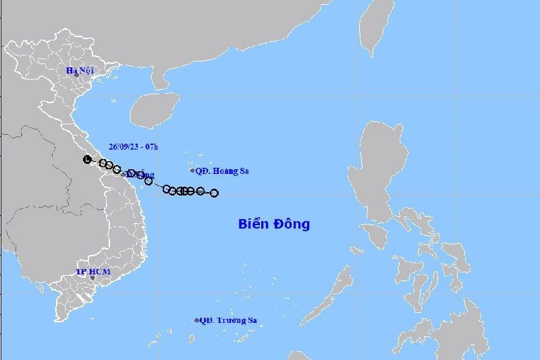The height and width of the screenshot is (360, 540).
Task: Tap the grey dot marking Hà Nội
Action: (x=77, y=75)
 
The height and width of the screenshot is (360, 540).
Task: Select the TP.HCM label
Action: (x=92, y=272)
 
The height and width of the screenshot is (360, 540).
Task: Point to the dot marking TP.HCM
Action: (x=93, y=278)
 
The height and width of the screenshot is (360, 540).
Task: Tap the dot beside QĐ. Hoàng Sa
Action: (x=192, y=171)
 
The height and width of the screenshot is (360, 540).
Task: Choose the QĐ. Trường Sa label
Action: (x=228, y=321)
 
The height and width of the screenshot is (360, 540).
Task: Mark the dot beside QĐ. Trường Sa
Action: (x=196, y=321)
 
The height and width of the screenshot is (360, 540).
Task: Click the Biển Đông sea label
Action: (x=274, y=224)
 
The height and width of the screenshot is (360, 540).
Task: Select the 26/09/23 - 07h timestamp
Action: (x=133, y=145)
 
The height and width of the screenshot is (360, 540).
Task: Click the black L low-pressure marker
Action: (x=86, y=159)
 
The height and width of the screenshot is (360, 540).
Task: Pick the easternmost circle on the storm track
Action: (x=214, y=193)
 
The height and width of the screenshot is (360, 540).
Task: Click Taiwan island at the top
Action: (x=375, y=27)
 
